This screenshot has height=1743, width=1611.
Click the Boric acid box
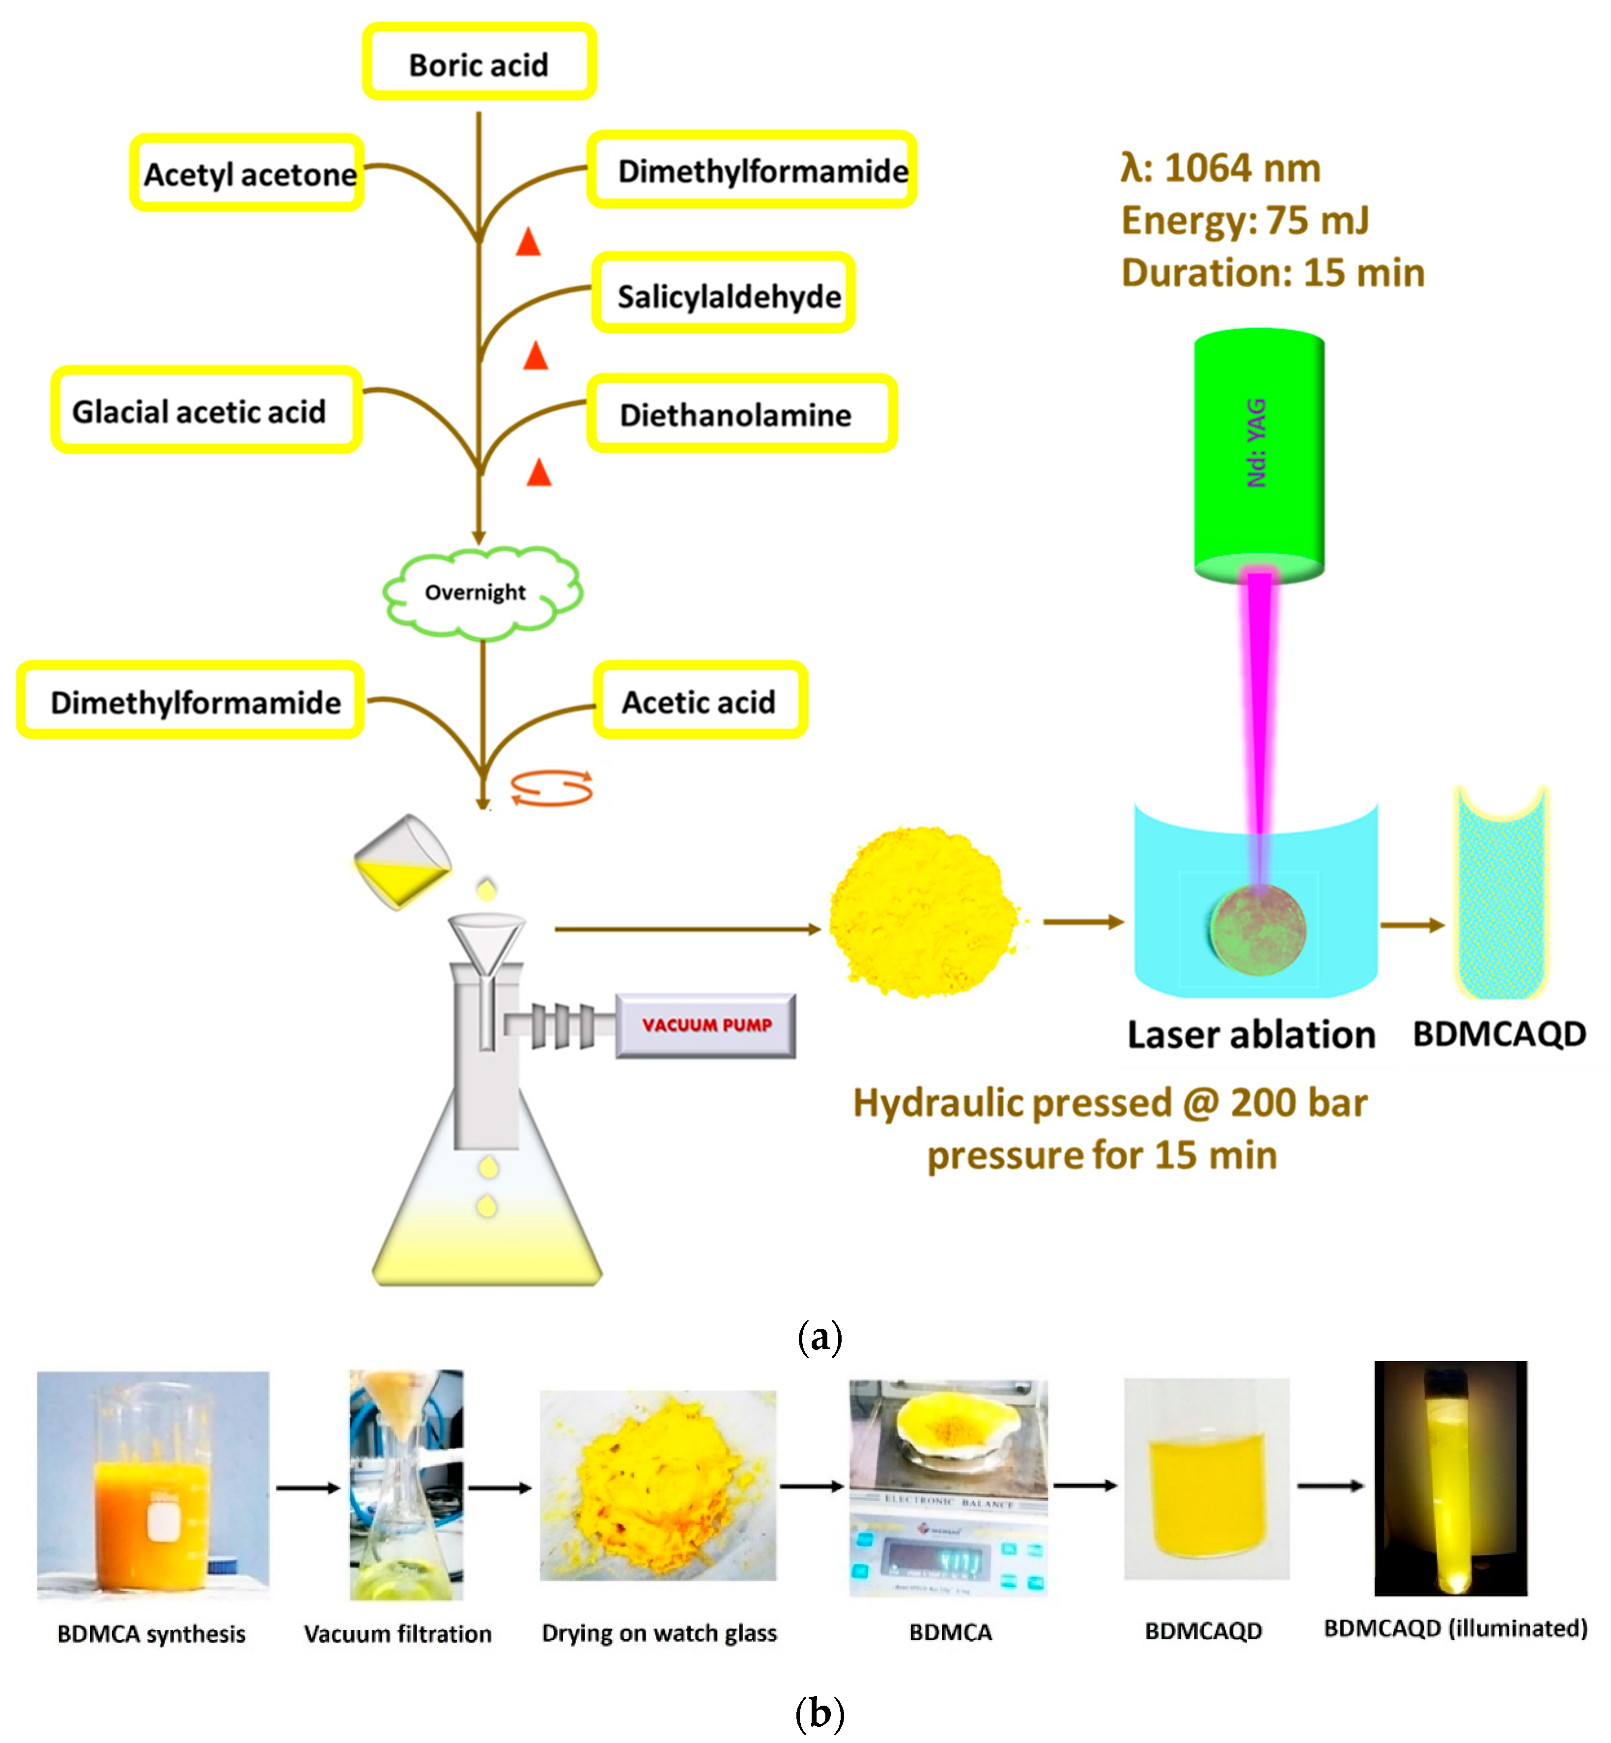point(479,63)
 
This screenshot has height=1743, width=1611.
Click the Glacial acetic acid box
point(206,410)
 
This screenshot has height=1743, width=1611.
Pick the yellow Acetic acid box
point(700,700)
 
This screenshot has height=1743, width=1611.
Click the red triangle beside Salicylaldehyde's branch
point(535,356)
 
